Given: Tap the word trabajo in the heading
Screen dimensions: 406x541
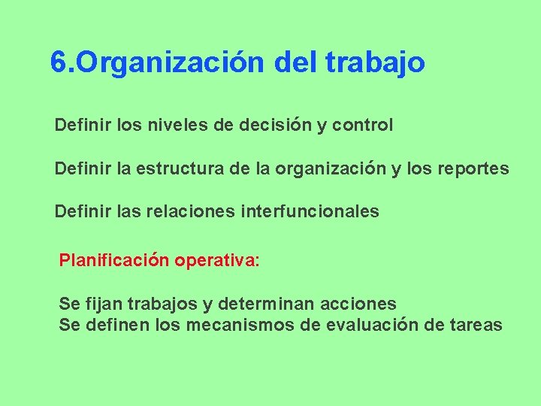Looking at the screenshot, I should coord(376,62).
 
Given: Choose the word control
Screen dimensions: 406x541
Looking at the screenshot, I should coord(361,125).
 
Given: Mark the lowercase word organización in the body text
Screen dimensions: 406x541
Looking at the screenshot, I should coord(330,168).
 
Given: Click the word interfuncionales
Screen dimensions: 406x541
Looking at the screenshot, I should coord(310,212).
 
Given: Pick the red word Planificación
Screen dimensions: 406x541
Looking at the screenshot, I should coord(114,261).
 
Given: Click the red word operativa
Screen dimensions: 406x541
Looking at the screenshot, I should coord(216,261).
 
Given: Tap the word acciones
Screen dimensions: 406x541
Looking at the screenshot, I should coord(358,304).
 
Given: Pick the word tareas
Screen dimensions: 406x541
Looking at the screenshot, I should coord(476,325).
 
